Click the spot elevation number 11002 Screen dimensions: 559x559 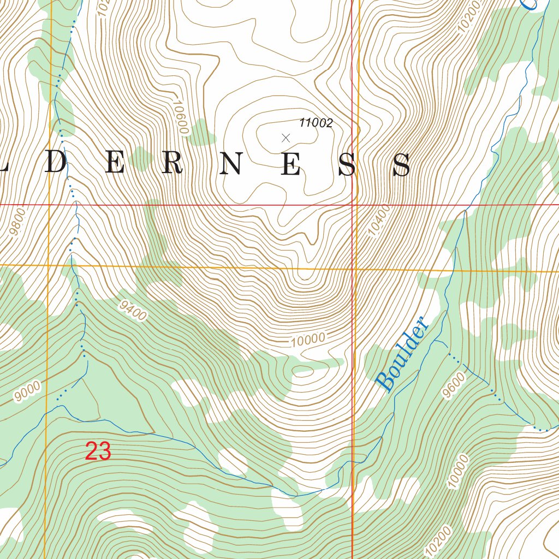tap(316, 123)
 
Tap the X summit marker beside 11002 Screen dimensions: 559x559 tap(285, 138)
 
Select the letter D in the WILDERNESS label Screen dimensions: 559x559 tap(55, 164)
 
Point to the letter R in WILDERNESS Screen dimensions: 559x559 tap(171, 164)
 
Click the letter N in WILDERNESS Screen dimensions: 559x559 tap(231, 164)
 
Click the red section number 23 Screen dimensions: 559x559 tap(98, 451)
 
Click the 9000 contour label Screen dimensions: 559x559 tap(27, 391)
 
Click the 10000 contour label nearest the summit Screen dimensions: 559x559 tap(308, 340)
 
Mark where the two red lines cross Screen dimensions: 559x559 tap(352, 205)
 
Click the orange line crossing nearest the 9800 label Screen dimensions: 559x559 tap(49, 265)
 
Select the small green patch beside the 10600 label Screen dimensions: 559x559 tap(202, 131)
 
